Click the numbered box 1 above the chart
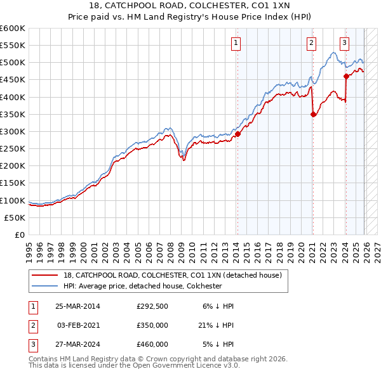point(236,43)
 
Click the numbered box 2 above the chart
point(312,43)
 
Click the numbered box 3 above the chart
point(344,43)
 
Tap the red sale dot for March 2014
point(237,134)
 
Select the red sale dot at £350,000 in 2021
point(313,114)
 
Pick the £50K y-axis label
point(15,217)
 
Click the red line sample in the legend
point(46,275)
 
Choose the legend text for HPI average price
point(142,286)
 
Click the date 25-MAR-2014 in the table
point(77,306)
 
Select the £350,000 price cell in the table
point(152,325)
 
